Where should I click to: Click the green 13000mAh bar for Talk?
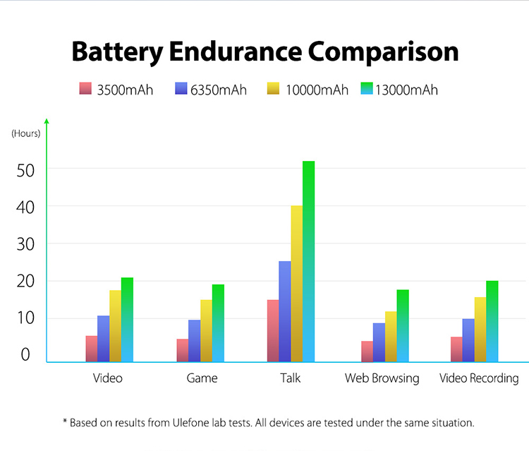(308, 261)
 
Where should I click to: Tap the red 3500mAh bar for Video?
(92, 349)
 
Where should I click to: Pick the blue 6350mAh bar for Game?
(195, 341)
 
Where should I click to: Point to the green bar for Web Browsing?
(403, 325)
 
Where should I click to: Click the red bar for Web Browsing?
(367, 351)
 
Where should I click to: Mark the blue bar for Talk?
(285, 311)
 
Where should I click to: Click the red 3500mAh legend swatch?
(85, 89)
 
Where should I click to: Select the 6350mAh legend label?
(219, 90)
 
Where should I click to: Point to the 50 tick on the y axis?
(25, 169)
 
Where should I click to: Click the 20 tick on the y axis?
(25, 281)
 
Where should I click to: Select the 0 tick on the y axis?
(25, 355)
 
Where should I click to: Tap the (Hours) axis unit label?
(26, 133)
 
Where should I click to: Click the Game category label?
(202, 378)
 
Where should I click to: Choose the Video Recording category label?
(479, 378)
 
